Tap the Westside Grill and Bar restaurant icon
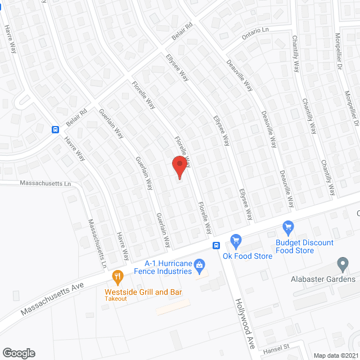[x=118, y=276]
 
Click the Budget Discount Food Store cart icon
[x=289, y=227]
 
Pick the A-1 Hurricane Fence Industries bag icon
[x=199, y=264]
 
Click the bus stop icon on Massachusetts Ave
[x=216, y=245]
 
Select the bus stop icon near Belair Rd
[x=56, y=129]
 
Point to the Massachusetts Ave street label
[x=52, y=299]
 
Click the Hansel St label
[x=276, y=350]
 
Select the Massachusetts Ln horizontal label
[x=46, y=183]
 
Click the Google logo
[x=18, y=353]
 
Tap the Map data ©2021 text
[x=335, y=355]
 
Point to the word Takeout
[x=115, y=299]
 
